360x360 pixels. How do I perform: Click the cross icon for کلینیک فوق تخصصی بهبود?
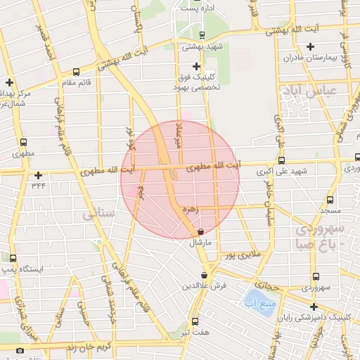(x=196, y=67)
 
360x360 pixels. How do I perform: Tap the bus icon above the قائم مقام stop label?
(x=76, y=71)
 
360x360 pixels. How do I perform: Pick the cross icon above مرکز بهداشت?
(x=9, y=82)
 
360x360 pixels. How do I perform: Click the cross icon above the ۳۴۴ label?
(x=38, y=175)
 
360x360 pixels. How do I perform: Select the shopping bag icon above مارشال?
(x=201, y=231)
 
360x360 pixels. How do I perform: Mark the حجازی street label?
(x=267, y=285)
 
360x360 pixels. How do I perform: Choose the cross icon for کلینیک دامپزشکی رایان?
(x=313, y=307)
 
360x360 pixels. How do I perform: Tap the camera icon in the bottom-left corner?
(x=20, y=350)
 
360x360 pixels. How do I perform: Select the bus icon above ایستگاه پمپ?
(x=13, y=258)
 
